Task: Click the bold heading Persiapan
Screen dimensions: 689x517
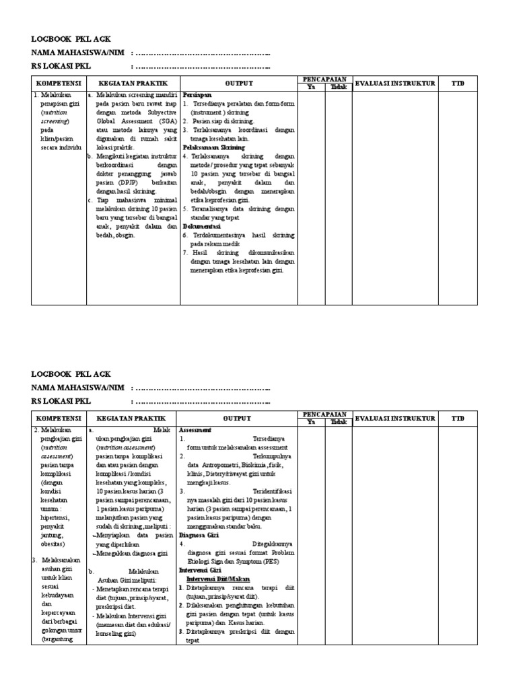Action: click(x=195, y=96)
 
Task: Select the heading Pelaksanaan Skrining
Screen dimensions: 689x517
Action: click(x=213, y=147)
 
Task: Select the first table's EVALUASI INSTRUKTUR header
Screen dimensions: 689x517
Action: click(x=395, y=83)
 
